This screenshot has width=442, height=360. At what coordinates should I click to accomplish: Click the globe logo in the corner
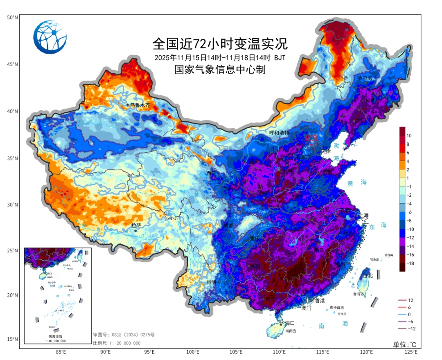click(50, 37)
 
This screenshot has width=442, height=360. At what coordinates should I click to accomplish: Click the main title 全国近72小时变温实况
click(220, 43)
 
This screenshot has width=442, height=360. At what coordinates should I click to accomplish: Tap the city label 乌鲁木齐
click(140, 106)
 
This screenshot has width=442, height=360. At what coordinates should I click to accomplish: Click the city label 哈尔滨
click(365, 78)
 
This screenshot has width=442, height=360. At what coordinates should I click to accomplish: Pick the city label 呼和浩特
click(279, 133)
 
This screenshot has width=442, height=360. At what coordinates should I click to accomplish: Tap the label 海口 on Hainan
click(290, 323)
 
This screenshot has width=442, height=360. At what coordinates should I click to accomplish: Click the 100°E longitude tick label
click(193, 352)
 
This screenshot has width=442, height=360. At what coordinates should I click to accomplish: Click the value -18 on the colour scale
click(411, 263)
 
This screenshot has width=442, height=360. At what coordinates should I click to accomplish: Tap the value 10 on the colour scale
click(409, 135)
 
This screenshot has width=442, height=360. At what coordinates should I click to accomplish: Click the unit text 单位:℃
click(404, 344)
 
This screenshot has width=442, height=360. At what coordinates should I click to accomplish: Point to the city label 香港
click(320, 301)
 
